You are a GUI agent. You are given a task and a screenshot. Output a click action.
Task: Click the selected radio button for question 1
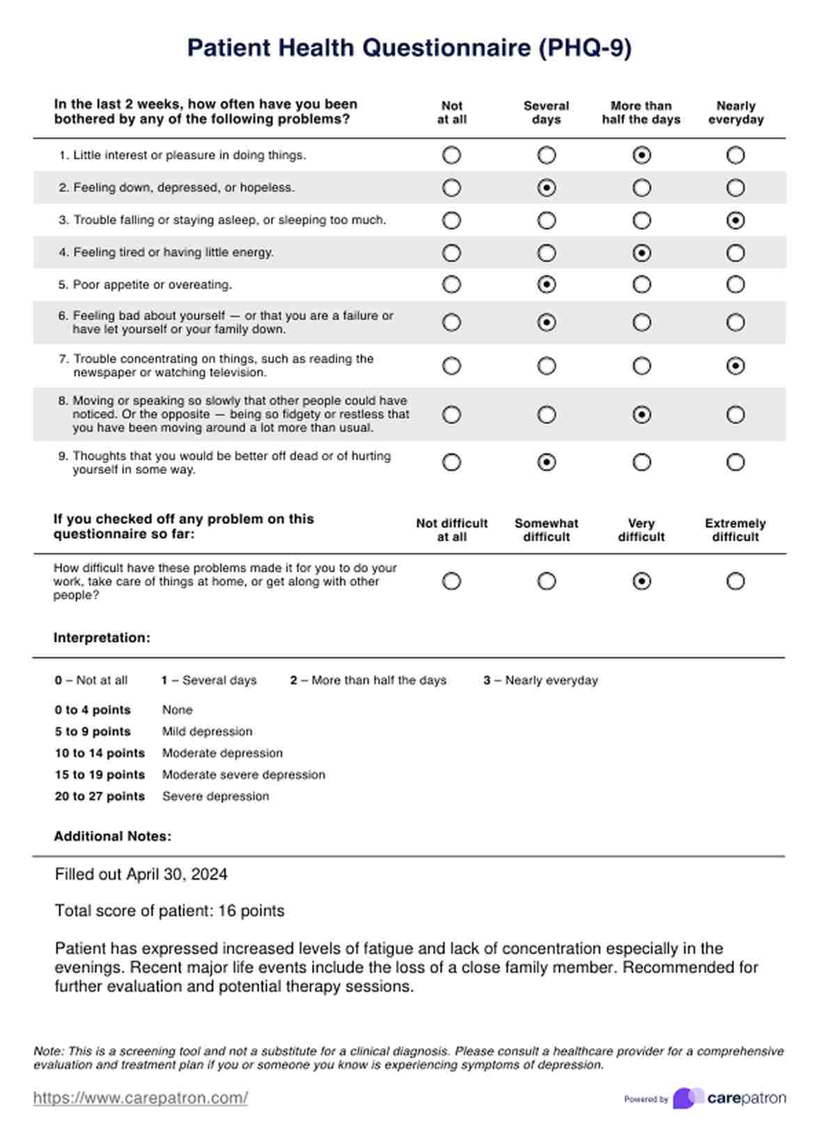click(x=641, y=155)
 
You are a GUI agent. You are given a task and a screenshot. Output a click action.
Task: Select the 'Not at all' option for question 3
click(x=451, y=220)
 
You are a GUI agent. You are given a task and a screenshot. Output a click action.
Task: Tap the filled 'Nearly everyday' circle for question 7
click(x=735, y=366)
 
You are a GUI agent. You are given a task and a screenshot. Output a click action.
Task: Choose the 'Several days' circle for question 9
click(x=547, y=462)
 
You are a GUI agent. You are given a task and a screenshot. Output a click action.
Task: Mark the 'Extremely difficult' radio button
click(x=735, y=581)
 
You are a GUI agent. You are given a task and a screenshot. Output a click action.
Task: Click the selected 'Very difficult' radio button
click(x=641, y=581)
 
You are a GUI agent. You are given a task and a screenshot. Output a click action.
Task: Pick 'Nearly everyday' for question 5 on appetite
click(x=735, y=284)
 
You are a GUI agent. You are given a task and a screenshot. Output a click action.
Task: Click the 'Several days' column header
click(x=546, y=113)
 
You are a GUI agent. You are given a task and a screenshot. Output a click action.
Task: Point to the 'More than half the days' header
click(x=641, y=113)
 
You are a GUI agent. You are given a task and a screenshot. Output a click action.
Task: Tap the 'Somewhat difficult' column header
click(x=546, y=530)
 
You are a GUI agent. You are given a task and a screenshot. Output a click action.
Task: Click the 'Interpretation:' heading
click(x=102, y=638)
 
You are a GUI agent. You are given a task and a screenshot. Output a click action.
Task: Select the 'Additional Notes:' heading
click(x=112, y=836)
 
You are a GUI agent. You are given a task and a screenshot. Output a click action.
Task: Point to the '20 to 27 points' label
click(x=100, y=796)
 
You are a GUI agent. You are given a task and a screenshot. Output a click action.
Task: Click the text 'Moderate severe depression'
click(x=243, y=774)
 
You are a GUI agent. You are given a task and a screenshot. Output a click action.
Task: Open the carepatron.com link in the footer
click(x=140, y=1098)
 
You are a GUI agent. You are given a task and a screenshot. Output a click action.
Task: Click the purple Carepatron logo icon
click(x=687, y=1098)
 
